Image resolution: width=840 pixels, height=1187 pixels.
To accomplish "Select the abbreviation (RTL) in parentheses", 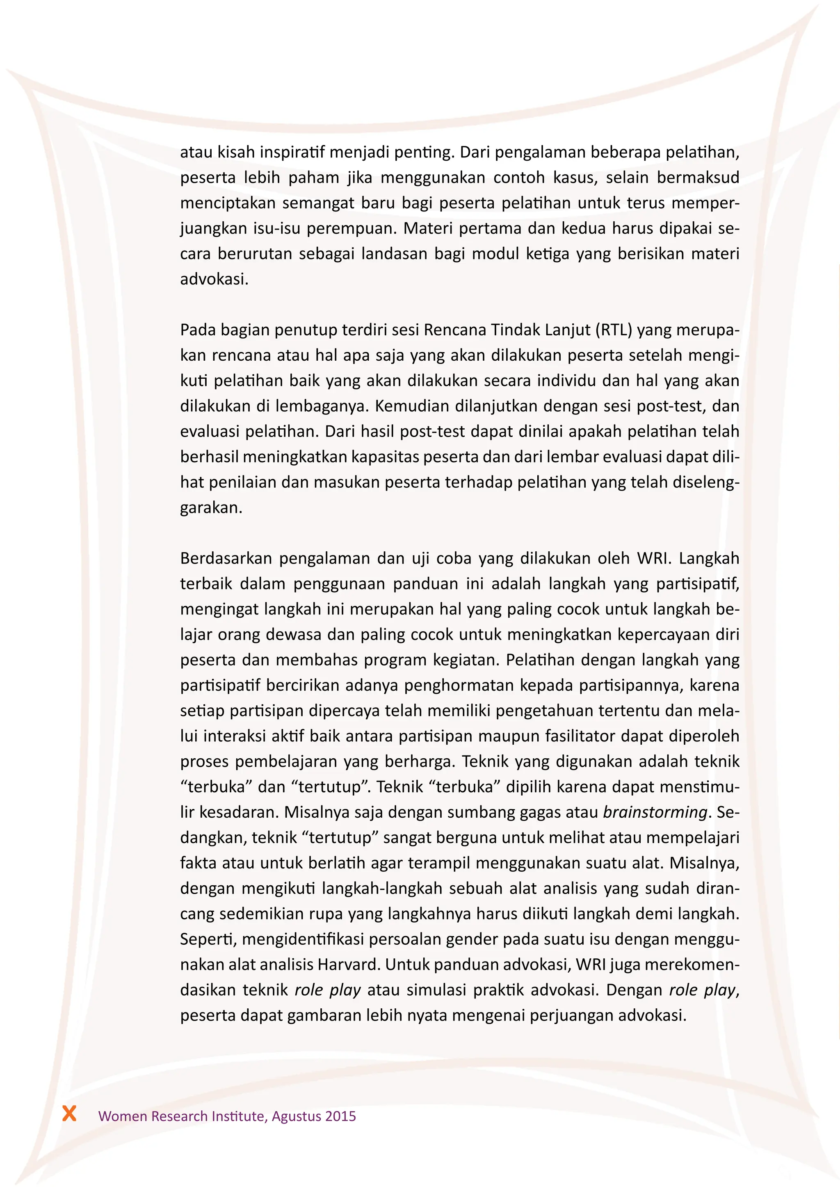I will [x=614, y=330].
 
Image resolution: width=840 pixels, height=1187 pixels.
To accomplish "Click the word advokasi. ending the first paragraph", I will [x=214, y=279].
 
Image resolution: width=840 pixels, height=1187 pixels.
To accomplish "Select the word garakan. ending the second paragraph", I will [x=211, y=508].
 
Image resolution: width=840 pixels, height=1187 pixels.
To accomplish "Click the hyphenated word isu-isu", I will [x=277, y=229].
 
